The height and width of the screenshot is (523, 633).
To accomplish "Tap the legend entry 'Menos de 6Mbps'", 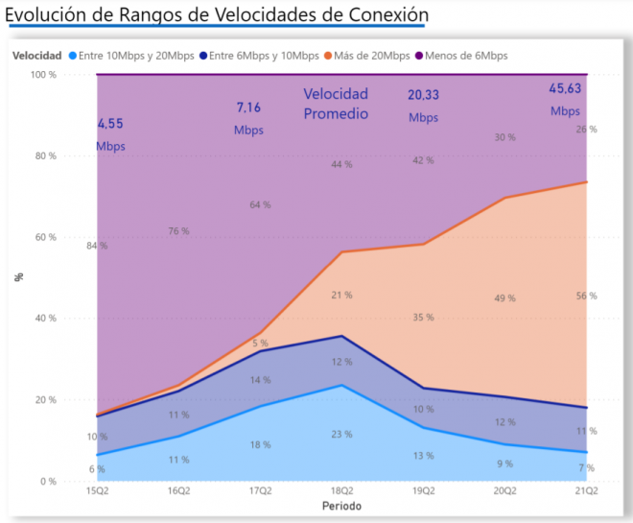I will (470, 56).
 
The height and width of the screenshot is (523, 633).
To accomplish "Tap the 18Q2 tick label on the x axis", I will (342, 491).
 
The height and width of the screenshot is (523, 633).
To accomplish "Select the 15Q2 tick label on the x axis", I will (97, 491).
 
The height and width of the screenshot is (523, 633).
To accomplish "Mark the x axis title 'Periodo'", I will (341, 506).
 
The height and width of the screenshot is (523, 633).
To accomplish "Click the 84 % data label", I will (96, 246).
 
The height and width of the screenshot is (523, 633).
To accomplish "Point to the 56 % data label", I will (586, 296).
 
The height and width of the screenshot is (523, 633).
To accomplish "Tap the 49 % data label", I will (504, 298).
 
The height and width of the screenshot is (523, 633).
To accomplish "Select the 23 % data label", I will (342, 434).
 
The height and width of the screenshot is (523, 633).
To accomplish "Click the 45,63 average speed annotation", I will (565, 88).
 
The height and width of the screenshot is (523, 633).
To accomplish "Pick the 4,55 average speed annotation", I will (110, 124).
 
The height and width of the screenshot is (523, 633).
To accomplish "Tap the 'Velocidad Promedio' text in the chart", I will (336, 104).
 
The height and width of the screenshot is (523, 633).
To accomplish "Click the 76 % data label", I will (178, 231).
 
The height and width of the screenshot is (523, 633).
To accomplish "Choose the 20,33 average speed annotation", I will (423, 95).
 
